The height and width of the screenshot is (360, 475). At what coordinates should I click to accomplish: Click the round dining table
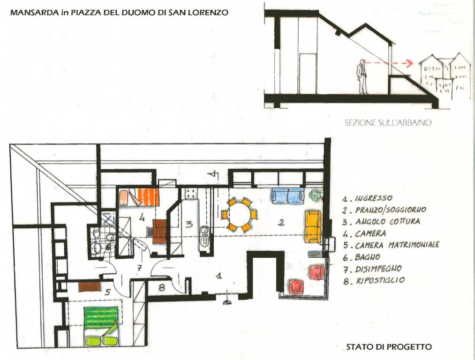point(239,215)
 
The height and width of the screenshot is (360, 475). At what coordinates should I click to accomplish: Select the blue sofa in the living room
point(287,195)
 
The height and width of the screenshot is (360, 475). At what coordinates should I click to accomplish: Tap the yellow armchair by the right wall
point(313,226)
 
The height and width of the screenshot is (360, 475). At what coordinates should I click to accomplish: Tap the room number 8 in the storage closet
point(162,287)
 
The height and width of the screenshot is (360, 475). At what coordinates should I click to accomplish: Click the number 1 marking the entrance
point(219,275)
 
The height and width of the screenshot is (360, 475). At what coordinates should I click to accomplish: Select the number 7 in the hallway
point(139,268)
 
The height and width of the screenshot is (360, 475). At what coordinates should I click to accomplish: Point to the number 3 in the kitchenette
point(189,225)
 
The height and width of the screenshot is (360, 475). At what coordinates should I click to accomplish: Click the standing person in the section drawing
point(362,76)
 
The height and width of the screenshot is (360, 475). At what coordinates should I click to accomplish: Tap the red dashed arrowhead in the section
point(409,64)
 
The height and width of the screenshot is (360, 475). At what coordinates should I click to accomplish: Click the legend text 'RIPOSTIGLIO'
point(380,280)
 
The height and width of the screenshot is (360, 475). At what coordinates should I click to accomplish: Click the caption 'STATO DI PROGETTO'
point(389,347)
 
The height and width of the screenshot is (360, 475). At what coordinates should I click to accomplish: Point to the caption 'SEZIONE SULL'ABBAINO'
point(388,123)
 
